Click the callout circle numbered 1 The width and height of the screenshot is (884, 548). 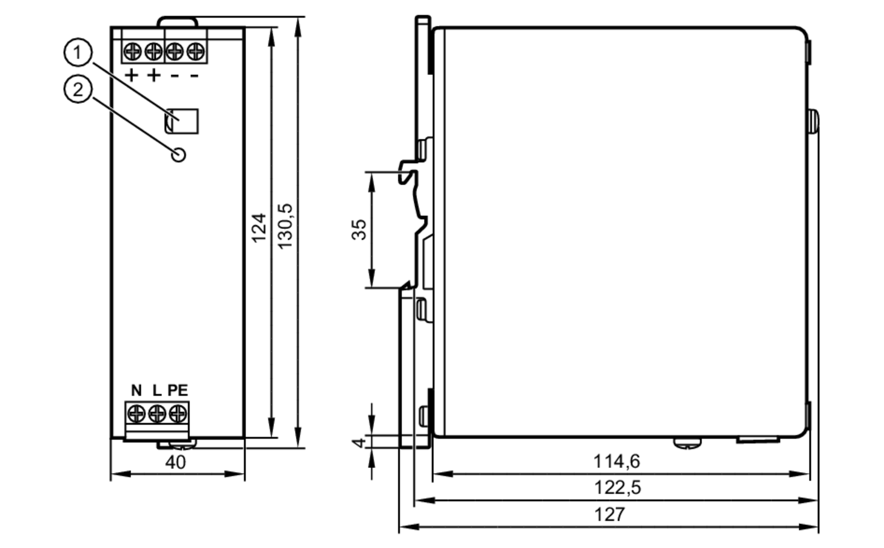point(78,53)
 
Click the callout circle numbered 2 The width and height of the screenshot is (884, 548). point(78,90)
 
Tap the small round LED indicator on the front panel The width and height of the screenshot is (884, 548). point(179,155)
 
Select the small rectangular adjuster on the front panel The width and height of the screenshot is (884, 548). point(182,121)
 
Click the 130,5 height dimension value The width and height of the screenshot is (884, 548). point(286,226)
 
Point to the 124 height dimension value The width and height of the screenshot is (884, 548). point(259,228)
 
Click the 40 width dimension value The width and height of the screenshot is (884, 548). point(175,462)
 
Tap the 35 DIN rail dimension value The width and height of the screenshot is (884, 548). point(359,230)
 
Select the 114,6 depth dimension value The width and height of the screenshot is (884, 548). point(616,461)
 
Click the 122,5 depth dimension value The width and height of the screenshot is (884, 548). point(617,488)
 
